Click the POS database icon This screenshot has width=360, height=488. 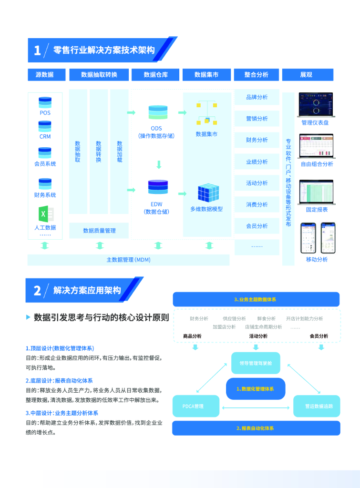click(45, 102)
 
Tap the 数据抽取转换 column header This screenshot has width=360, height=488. click(99, 75)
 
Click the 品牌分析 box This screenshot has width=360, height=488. click(257, 97)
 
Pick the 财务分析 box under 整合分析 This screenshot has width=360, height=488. click(257, 140)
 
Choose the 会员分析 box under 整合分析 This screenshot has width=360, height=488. click(257, 226)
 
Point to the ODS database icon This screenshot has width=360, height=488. click(158, 112)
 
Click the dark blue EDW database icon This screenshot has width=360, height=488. click(158, 187)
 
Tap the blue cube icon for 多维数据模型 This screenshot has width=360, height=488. click(208, 193)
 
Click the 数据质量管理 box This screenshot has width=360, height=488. click(99, 231)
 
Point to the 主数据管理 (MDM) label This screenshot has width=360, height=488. click(128, 260)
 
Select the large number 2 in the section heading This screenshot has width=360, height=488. click(37, 291)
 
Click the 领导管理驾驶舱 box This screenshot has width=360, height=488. click(256, 363)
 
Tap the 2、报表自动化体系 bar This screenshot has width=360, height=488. click(256, 428)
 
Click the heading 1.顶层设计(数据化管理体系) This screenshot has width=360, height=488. click(60, 348)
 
